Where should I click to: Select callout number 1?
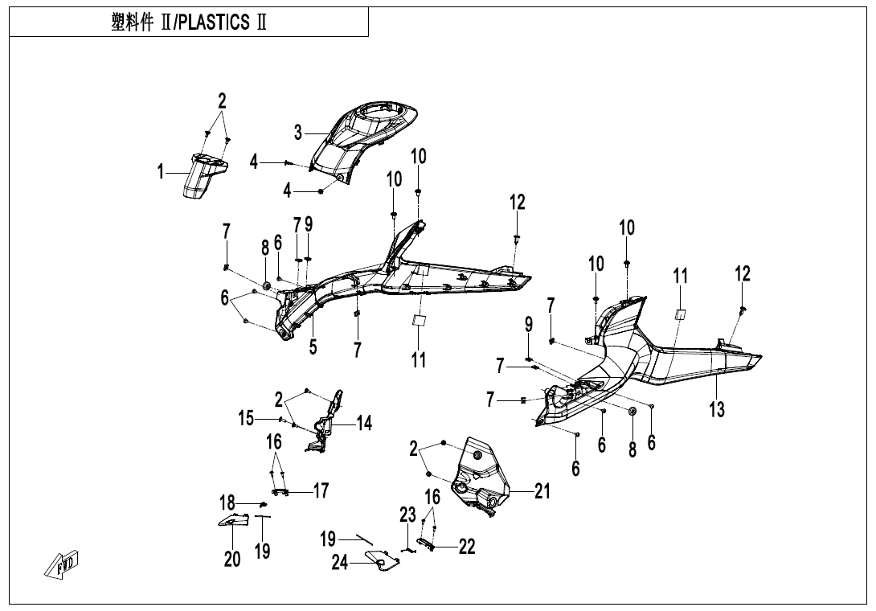(x=161, y=171)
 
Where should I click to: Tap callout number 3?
(x=298, y=132)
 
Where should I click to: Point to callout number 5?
(x=313, y=347)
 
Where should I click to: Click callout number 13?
(x=717, y=410)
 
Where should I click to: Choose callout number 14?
(x=364, y=423)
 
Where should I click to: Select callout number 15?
(x=246, y=418)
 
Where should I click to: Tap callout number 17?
(x=321, y=490)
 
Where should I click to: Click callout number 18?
(x=227, y=504)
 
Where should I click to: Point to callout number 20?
(x=232, y=558)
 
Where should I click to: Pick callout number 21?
(x=542, y=490)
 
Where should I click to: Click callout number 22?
(x=466, y=547)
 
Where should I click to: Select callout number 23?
(x=407, y=515)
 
